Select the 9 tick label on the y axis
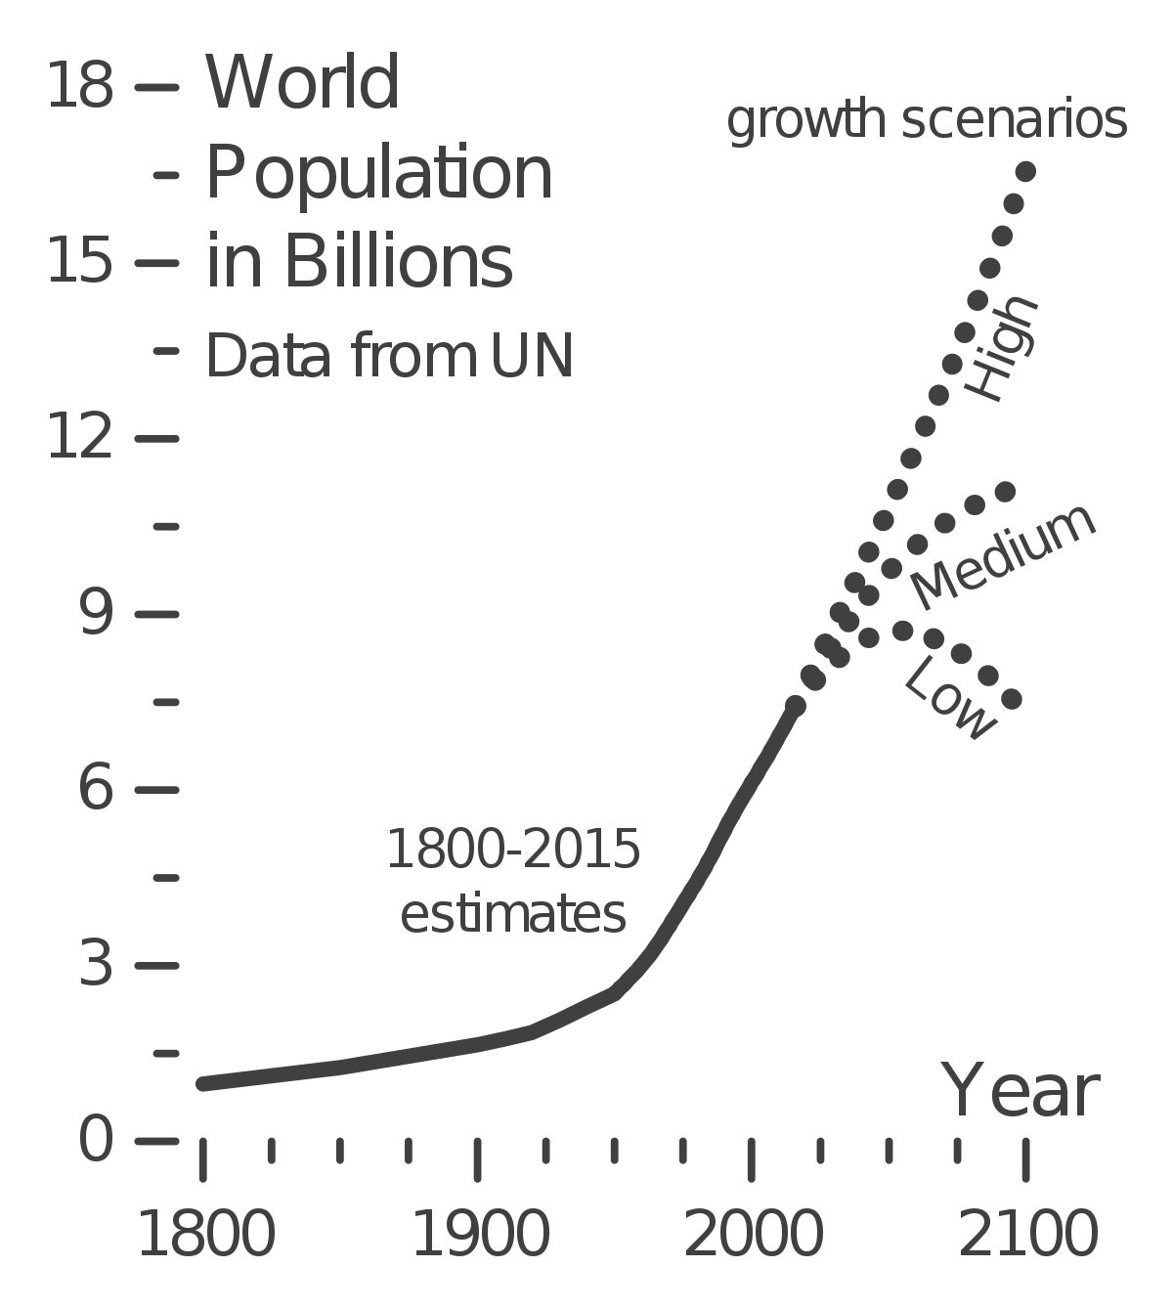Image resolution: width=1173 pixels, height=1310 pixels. (x=96, y=614)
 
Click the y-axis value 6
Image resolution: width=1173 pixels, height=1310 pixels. (x=96, y=789)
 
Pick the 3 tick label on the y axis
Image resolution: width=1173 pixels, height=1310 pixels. (x=96, y=965)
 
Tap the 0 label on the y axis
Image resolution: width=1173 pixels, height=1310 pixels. (x=96, y=1140)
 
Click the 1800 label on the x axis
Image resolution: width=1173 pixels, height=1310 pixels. (x=204, y=1236)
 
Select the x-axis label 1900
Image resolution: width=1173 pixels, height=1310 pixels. (x=479, y=1236)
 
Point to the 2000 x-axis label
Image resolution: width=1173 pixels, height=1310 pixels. (x=753, y=1236)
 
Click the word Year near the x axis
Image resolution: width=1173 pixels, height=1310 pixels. (x=1021, y=1092)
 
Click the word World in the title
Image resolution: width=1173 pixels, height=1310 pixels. (x=302, y=84)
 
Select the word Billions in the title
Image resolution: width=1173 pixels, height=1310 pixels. (x=398, y=262)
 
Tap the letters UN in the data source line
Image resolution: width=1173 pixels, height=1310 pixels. (x=531, y=356)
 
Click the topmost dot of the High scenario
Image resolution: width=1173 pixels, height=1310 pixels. (x=1025, y=172)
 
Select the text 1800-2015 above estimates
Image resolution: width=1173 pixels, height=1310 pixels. (x=513, y=850)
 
